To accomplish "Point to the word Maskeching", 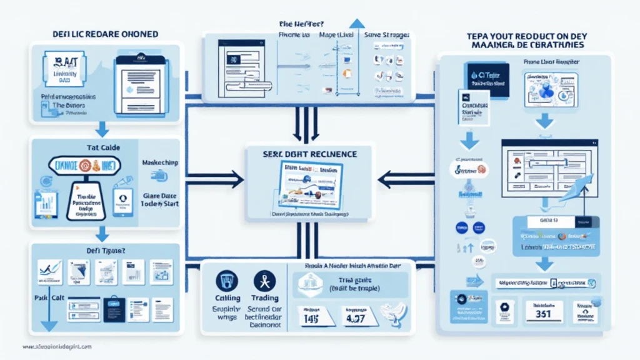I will tap(159, 162).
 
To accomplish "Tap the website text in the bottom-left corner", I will tap(56, 346).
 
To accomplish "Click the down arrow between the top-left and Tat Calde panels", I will tap(101, 131).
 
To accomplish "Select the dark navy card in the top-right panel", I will tap(487, 79).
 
